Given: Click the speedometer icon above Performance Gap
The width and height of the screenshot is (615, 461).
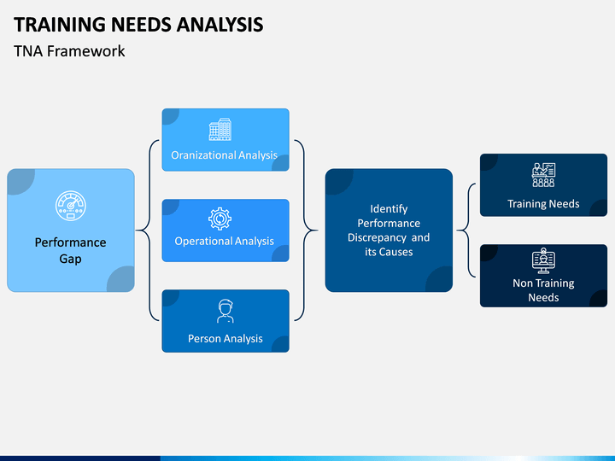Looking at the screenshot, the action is (71, 206).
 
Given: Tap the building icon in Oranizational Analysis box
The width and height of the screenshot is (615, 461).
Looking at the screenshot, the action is (220, 129).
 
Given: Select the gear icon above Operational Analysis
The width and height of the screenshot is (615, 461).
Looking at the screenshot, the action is (220, 219).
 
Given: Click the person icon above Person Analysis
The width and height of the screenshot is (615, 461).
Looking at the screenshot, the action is (225, 312).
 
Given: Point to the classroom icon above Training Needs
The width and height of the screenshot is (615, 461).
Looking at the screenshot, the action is (543, 175).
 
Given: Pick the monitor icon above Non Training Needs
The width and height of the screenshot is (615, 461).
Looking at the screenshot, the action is (543, 260).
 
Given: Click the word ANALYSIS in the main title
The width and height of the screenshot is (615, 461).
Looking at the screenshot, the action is (220, 24).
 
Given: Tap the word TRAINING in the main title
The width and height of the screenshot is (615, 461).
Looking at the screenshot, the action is (60, 24).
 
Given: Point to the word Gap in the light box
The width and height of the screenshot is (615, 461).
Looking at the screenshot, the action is (71, 260).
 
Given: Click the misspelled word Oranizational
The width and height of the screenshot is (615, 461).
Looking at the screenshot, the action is (202, 155).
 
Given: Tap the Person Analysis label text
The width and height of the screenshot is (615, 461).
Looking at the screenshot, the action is (225, 338).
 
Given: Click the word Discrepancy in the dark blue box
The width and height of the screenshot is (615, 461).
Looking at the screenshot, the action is (377, 237).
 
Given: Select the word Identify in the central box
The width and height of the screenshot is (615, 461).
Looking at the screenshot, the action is (389, 209).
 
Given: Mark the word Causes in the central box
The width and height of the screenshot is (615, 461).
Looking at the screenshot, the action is (396, 252).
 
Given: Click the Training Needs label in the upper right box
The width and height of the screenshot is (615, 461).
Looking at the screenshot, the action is (543, 204).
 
